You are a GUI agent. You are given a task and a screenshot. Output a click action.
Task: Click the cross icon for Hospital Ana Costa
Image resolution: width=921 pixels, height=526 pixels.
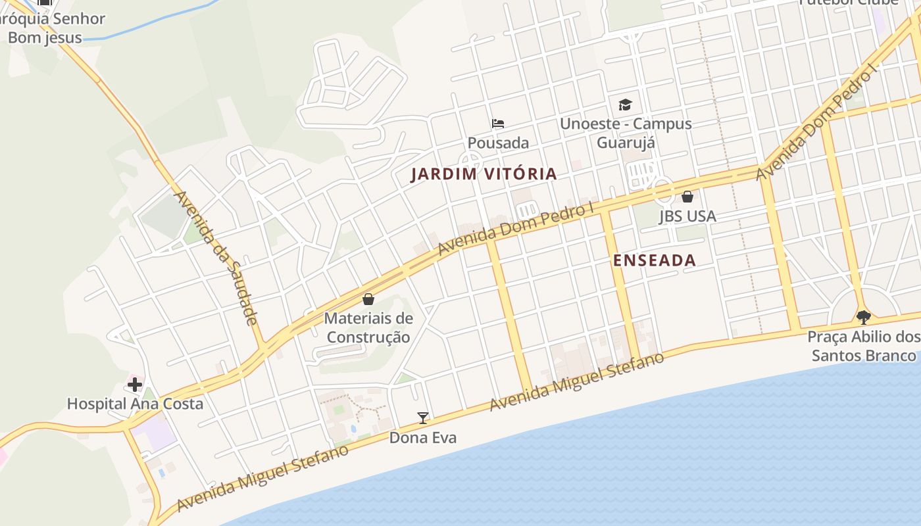pos(135,384)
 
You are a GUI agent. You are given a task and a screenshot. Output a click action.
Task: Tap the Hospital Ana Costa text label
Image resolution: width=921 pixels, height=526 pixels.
pos(135,404)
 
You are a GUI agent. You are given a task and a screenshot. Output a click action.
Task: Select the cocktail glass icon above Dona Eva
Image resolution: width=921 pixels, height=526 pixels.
pos(422,418)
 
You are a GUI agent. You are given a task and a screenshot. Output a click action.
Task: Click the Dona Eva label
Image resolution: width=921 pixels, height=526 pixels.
pos(422,438)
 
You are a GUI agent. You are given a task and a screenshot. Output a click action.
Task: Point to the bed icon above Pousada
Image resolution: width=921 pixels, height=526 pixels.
pos(498,123)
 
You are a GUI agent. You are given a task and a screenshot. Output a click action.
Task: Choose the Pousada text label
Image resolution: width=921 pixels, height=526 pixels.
pos(498,143)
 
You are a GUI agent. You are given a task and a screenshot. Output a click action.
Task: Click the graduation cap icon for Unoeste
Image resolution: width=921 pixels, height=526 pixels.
pos(625,105)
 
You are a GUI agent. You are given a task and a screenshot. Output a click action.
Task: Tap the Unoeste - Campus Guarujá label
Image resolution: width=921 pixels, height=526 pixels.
pos(625,133)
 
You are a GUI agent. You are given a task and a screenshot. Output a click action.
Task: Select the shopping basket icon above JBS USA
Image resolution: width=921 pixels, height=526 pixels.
pos(687,197)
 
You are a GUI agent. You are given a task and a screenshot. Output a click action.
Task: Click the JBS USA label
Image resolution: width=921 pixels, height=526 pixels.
pos(687,216)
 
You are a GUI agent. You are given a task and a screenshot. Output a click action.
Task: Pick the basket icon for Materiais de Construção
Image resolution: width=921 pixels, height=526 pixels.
pos(368,299)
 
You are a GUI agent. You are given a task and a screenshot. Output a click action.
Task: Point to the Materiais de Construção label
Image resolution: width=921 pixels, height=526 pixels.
pos(368,328)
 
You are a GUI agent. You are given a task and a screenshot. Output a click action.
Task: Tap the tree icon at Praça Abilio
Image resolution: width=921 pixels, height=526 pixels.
pos(864,318)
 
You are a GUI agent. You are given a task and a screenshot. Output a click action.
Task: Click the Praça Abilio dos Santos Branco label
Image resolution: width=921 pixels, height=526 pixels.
pos(863,347)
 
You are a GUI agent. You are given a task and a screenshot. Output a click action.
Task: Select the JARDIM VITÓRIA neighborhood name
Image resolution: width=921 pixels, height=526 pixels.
pos(484,174)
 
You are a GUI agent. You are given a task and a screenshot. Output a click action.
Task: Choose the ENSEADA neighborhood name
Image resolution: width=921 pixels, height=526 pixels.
pos(655,260)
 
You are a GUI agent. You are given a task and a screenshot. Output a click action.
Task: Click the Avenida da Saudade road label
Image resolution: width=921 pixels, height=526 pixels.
pos(215,258)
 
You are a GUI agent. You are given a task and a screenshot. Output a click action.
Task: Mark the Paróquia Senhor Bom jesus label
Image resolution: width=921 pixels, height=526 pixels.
pos(49,28)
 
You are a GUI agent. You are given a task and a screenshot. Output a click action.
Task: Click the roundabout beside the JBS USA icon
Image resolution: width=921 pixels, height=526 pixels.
pos(663,191)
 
